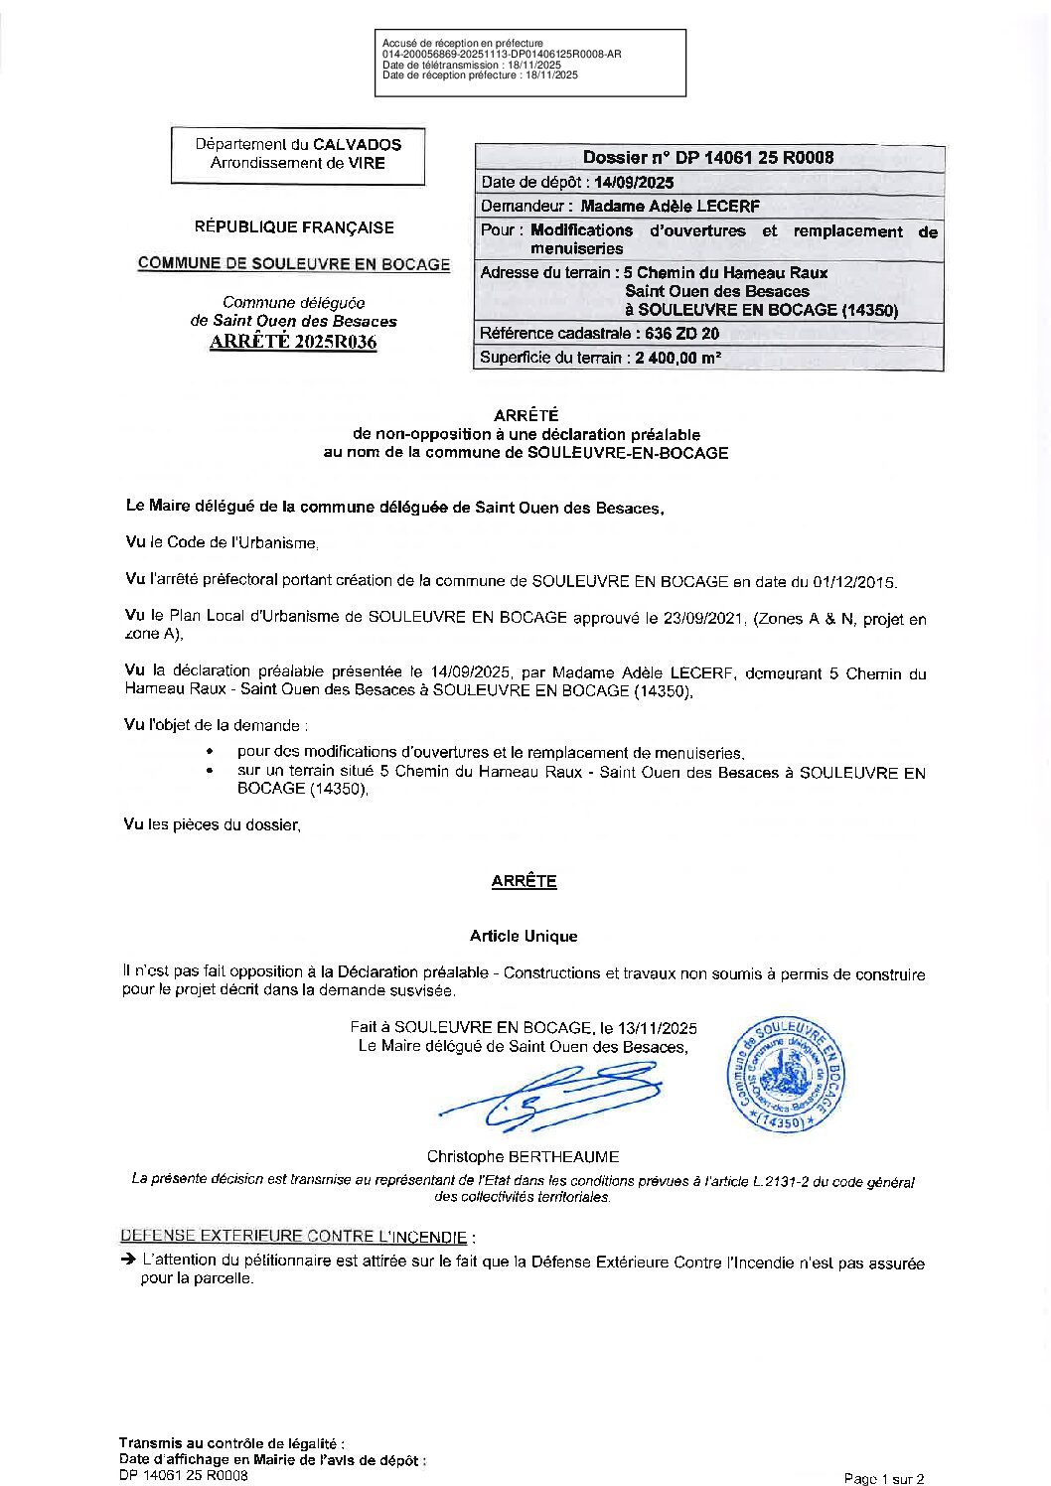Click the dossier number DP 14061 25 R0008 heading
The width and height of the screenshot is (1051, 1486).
708,157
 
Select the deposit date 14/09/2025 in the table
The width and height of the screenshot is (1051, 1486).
634,182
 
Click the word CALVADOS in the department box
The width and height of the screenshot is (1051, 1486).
357,144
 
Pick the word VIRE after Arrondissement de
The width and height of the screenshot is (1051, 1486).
368,163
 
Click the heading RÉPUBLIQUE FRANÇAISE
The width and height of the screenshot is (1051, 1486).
294,227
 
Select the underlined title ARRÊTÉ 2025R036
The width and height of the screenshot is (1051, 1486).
293,343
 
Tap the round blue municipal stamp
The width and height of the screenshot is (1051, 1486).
787,1073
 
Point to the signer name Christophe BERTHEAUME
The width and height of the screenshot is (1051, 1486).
523,1156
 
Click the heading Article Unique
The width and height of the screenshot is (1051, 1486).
524,936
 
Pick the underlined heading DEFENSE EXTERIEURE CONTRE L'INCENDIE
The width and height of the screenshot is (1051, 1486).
293,1237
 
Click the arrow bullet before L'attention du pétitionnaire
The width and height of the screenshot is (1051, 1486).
128,1260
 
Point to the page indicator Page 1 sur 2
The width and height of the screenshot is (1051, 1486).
884,1479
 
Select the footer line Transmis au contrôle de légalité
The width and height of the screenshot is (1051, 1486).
231,1443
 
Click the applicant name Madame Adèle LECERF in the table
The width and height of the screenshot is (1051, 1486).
670,207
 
